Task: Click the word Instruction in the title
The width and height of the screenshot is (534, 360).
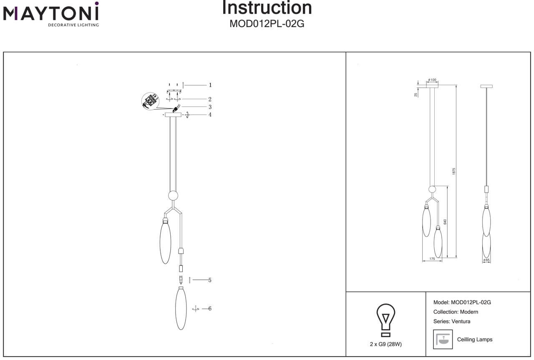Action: [267, 8]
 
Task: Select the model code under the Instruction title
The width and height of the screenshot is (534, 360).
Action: [267, 24]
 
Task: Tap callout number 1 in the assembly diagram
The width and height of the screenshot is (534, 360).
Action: [210, 85]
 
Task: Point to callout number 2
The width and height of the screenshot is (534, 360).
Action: [210, 99]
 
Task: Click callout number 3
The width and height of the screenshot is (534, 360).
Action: [210, 107]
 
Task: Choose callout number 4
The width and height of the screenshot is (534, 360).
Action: [210, 115]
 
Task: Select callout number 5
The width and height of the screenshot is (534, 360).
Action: [210, 280]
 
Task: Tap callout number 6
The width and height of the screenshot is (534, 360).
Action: [210, 309]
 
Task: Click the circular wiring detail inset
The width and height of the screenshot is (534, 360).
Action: [150, 101]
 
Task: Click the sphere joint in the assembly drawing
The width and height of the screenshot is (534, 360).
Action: [173, 196]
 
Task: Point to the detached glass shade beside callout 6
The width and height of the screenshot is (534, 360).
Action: [181, 309]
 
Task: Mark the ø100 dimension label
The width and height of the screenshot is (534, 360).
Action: [432, 80]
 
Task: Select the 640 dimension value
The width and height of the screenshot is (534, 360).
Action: [445, 222]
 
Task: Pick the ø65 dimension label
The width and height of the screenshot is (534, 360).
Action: [486, 260]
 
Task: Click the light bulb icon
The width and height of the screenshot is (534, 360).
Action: [385, 320]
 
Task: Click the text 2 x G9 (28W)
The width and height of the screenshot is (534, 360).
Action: [385, 344]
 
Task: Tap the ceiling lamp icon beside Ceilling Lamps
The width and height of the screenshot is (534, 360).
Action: [443, 339]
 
